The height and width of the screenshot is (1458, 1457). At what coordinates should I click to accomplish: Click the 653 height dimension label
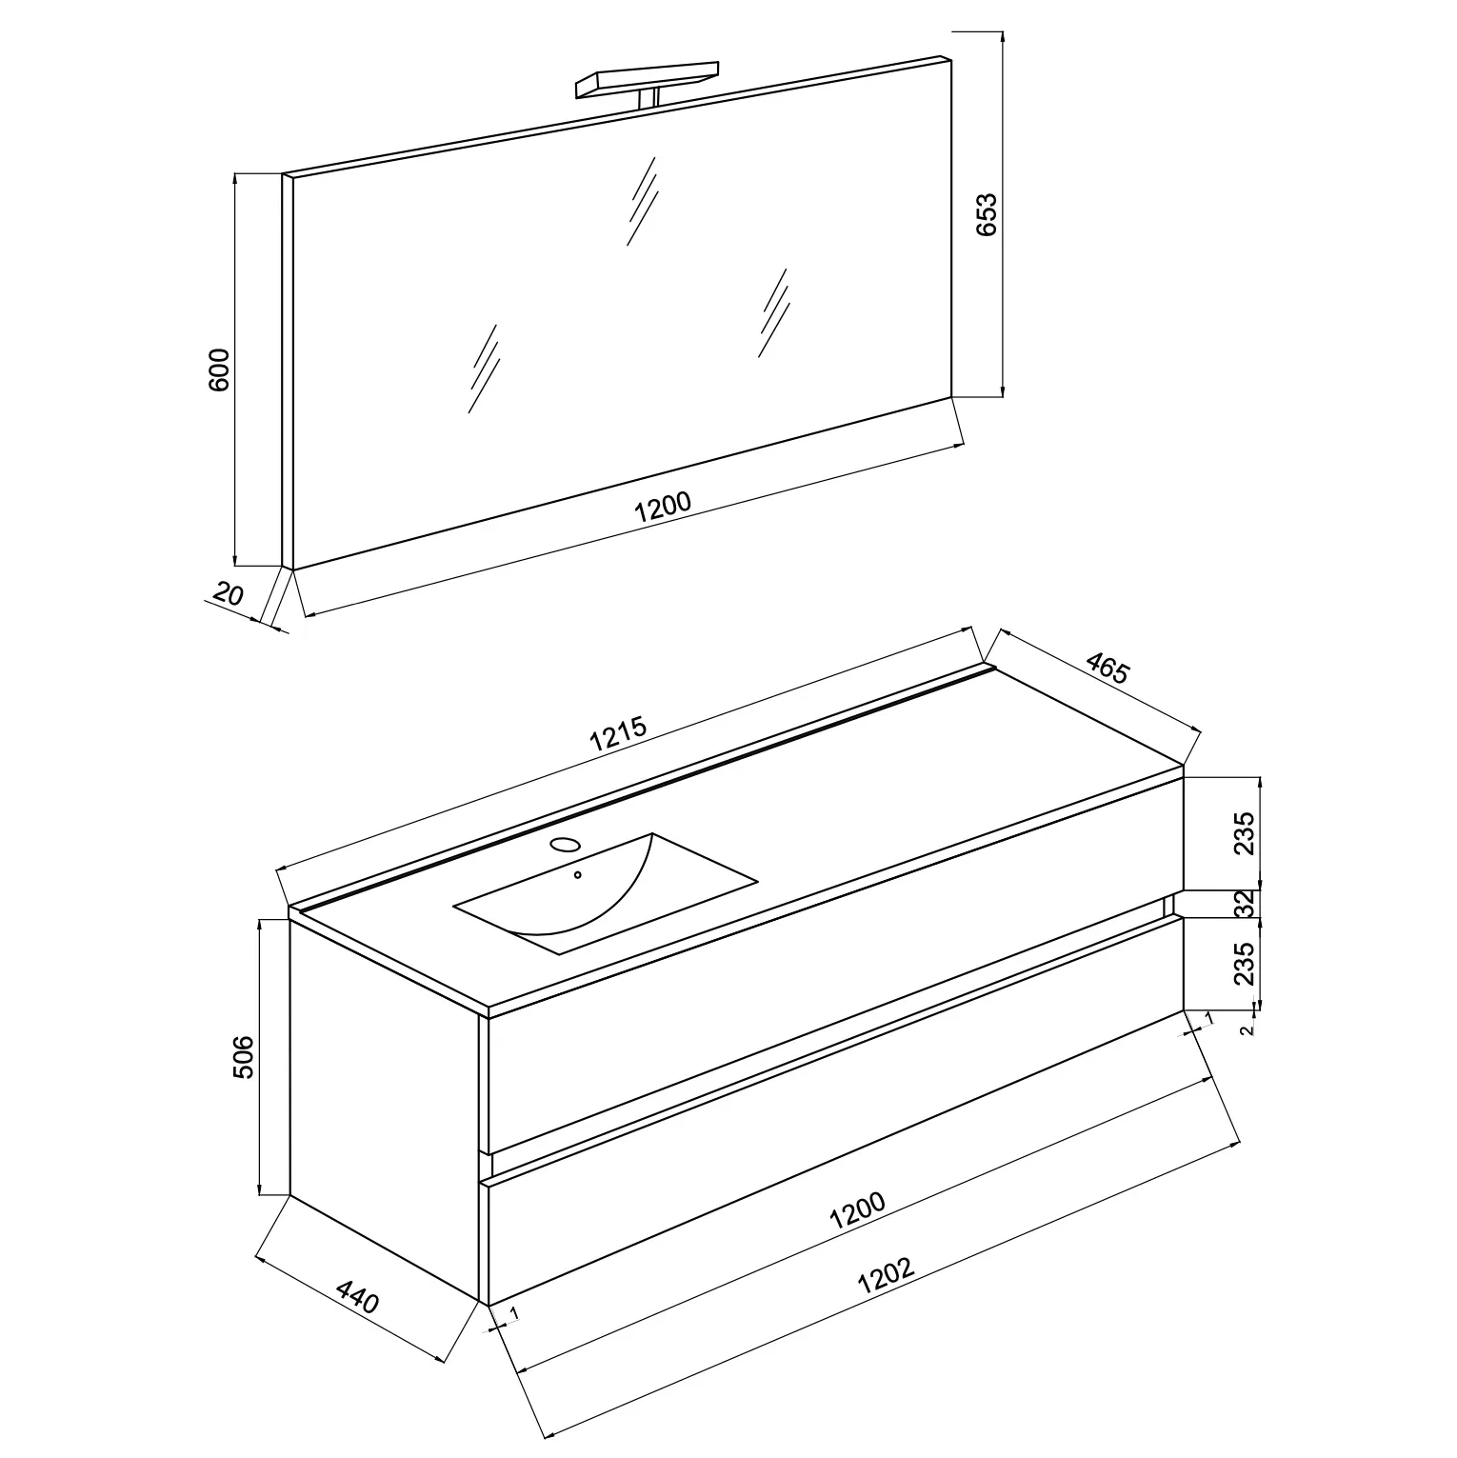point(986,214)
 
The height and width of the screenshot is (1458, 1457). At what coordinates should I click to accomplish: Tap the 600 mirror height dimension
point(219,370)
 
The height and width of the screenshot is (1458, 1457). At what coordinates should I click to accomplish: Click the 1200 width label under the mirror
point(663,506)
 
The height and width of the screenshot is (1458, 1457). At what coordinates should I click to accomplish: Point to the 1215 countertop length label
point(618,734)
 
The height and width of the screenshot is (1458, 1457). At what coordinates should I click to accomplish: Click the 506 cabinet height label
point(244,1056)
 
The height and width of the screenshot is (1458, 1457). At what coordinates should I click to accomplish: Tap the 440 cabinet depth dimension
point(358,1296)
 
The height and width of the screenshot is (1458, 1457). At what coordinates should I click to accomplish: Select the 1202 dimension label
point(886,1274)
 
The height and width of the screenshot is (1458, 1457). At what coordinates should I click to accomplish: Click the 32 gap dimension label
point(1244,903)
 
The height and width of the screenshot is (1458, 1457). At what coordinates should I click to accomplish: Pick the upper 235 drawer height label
point(1244,833)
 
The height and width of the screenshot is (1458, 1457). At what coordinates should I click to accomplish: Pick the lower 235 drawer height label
point(1244,964)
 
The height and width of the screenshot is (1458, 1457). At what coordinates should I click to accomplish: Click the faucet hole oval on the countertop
point(566,845)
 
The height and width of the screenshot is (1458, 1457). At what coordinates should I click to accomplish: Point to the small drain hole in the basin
point(577,874)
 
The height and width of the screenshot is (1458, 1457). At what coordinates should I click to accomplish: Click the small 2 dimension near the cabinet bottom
point(1247,1029)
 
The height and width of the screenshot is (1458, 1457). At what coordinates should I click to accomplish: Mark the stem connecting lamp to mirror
point(651,97)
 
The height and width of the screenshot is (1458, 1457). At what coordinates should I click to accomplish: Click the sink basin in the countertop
point(606,893)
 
